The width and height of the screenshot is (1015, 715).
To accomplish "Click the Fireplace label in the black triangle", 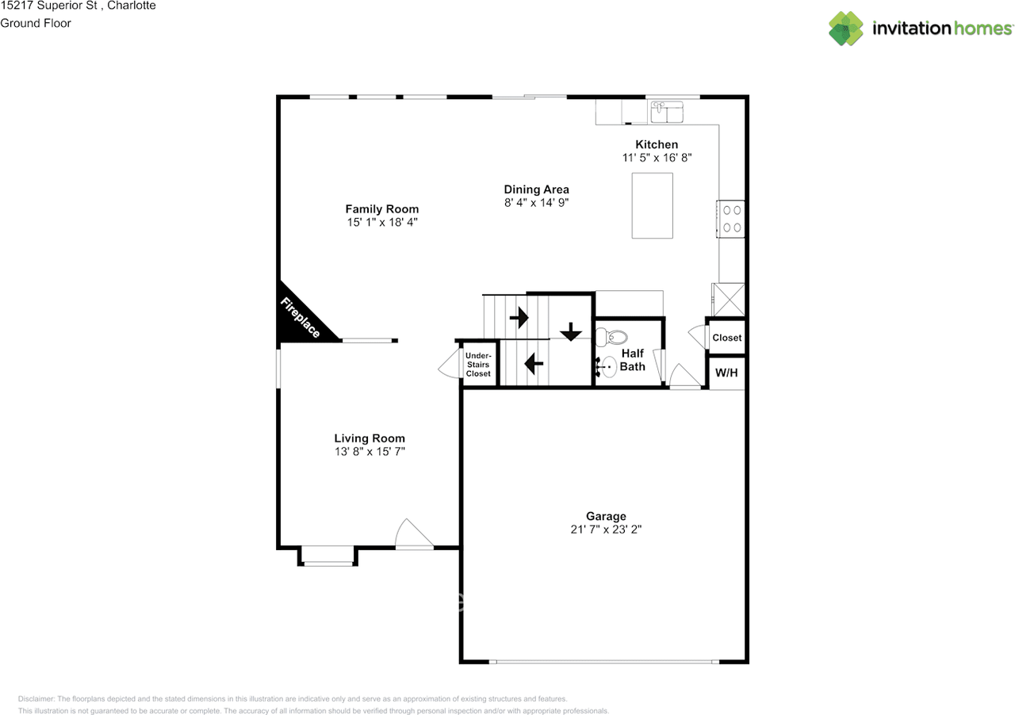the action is [301, 318].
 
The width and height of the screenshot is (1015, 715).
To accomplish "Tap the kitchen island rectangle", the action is [652, 206].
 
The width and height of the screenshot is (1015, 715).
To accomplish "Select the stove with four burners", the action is [730, 219].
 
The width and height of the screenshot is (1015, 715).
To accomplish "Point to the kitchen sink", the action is [667, 112].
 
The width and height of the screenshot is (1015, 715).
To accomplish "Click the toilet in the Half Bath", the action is [611, 337].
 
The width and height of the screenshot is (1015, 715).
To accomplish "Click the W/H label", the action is [726, 373].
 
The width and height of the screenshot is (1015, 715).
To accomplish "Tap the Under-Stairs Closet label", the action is [478, 365].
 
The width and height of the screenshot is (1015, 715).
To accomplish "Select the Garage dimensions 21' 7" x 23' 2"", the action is [606, 530].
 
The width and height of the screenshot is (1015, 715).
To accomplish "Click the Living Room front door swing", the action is [414, 533].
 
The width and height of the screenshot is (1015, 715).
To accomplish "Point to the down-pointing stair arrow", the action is [570, 331].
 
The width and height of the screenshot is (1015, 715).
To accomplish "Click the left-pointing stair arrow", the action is [534, 363].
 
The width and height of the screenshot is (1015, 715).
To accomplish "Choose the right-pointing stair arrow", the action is [519, 317].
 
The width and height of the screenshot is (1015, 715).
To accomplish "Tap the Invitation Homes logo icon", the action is [845, 29].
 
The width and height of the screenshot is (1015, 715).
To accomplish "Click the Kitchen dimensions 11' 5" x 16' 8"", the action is [657, 158].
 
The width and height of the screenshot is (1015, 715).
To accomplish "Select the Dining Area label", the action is [537, 189].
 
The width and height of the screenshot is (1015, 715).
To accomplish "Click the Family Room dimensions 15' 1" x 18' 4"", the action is [382, 222].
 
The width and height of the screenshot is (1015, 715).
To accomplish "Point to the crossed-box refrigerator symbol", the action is [728, 300].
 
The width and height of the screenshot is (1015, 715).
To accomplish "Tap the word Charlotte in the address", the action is [132, 6].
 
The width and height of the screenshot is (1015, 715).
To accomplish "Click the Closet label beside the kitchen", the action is [727, 338].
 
